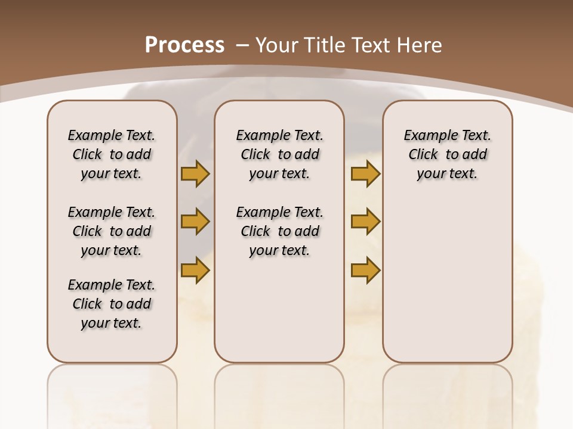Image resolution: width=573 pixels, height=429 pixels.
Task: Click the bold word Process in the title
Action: pos(184,45)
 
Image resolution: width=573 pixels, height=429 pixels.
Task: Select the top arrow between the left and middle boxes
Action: pos(195,174)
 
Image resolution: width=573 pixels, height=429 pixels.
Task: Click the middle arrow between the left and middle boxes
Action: pos(195,222)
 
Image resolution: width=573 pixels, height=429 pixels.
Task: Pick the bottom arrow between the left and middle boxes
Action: pos(195,270)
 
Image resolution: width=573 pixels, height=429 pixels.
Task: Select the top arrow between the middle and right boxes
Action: pos(365,174)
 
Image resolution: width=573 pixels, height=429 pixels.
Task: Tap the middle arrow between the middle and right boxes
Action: pos(365,222)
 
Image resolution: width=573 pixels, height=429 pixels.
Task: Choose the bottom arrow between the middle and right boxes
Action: pos(365,270)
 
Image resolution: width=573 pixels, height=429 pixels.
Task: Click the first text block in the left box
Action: pos(112,154)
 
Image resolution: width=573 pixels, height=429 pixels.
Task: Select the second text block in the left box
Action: pos(112,231)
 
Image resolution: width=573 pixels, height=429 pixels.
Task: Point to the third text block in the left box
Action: pos(112,304)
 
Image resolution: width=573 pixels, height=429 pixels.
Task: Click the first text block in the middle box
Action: pos(279,154)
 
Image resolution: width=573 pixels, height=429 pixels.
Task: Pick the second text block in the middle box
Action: pos(279,231)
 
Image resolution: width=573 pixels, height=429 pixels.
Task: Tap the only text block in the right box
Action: pos(447,154)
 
